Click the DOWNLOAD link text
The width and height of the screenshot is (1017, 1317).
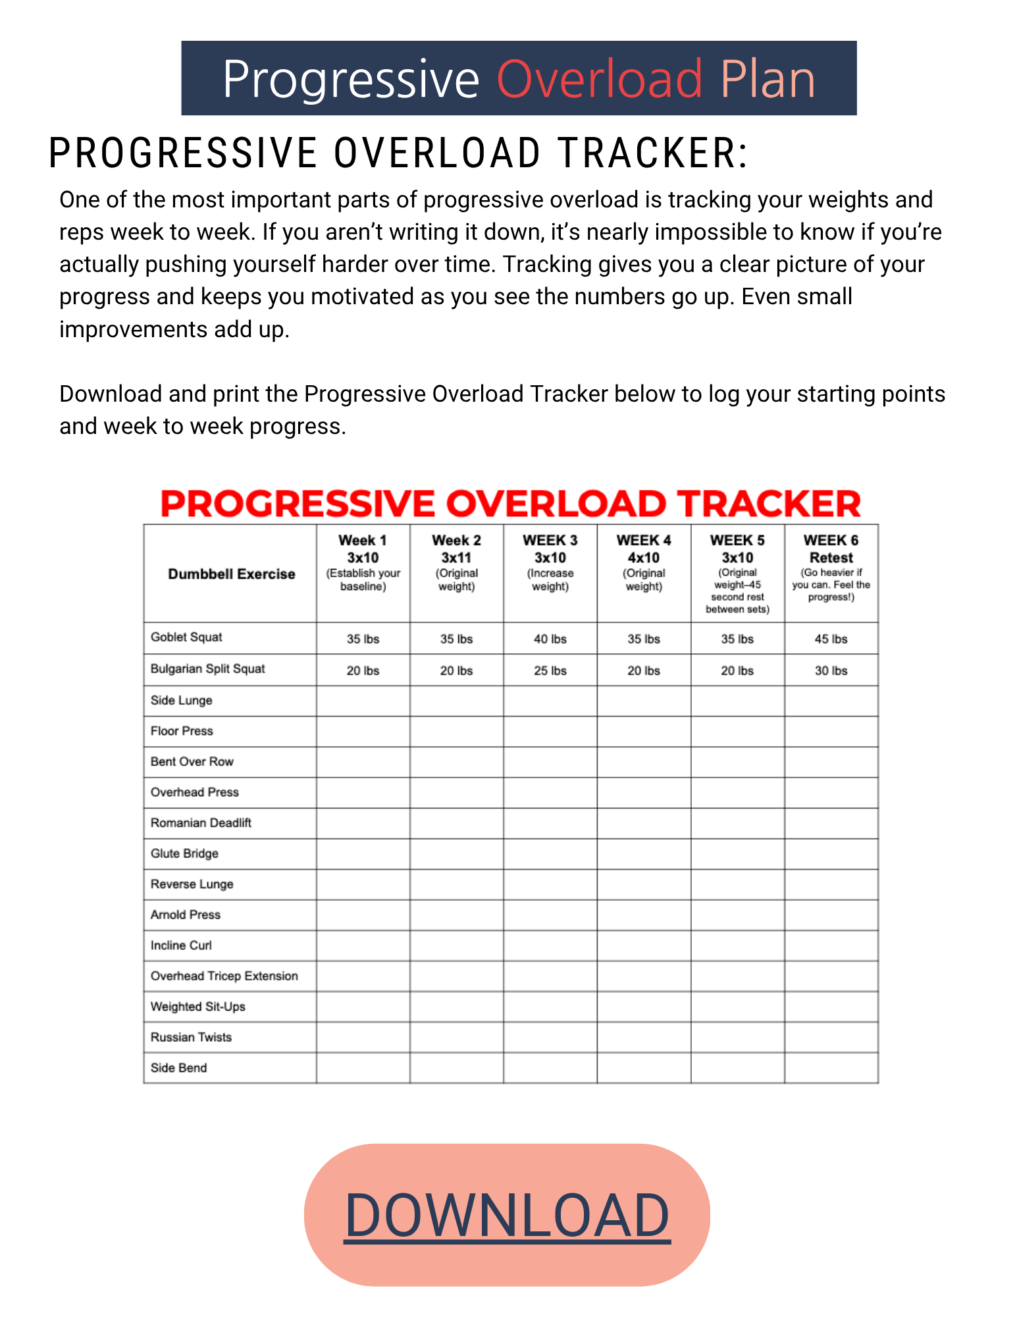507,1215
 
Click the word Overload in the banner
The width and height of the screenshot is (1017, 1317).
600,79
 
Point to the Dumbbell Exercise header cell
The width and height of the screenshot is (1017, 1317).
231,574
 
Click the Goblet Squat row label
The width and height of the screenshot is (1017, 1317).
186,637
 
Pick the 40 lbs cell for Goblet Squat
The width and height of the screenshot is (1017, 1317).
550,639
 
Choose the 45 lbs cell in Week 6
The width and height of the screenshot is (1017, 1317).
831,639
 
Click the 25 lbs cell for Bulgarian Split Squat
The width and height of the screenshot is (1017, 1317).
550,670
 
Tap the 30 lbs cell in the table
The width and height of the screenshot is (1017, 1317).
831,670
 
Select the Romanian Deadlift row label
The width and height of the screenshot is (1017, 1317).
201,822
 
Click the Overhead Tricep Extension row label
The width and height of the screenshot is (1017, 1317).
224,976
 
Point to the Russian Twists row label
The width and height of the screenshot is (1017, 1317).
191,1037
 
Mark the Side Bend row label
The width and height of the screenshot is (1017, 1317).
178,1067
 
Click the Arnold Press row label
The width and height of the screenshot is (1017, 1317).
185,915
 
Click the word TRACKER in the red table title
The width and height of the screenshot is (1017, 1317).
769,504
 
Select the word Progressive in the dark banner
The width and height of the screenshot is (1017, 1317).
351,79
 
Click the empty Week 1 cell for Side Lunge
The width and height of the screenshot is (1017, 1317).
363,701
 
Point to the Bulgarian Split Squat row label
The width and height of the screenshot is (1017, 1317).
207,668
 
